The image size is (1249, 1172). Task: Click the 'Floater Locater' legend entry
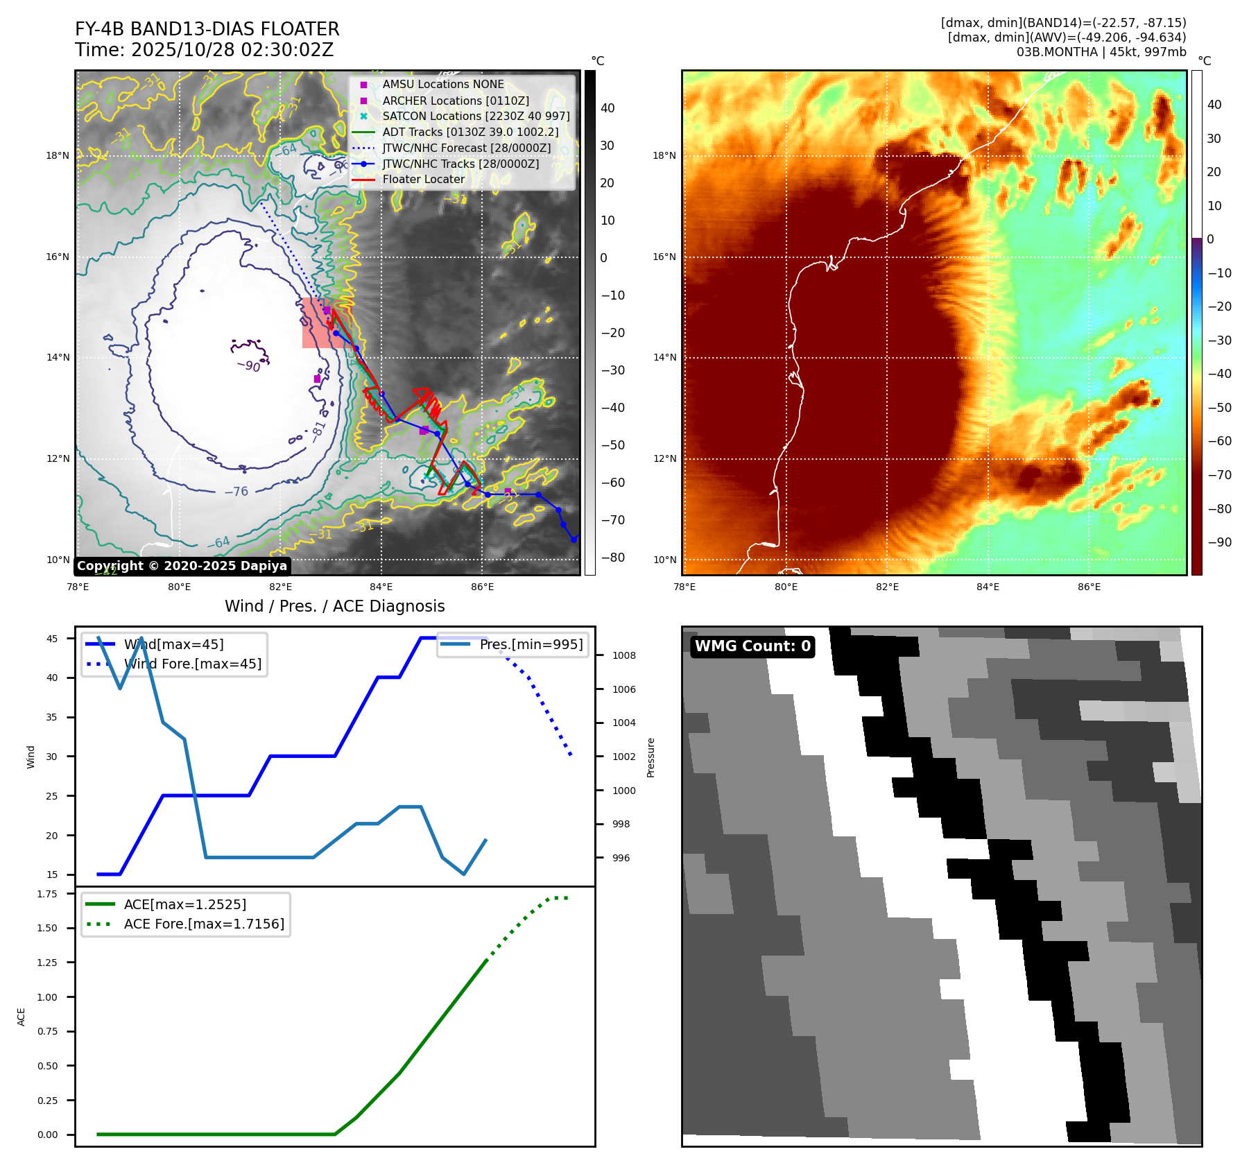coord(423,180)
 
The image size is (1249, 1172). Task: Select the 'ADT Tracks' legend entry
coord(470,132)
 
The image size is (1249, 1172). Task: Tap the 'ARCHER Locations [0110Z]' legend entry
coord(456,101)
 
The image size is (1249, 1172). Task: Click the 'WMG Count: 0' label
coord(752,646)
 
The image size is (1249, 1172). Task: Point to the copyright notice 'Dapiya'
coord(182,566)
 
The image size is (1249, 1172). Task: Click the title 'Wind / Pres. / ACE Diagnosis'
coord(334,606)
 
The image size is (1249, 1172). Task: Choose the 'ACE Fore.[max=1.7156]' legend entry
coord(204,924)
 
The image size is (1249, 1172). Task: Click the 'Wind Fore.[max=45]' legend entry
coord(193,664)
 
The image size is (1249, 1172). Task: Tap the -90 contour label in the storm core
coord(248,365)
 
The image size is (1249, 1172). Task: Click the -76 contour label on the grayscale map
coord(236,492)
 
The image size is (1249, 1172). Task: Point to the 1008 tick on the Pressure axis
coord(623,655)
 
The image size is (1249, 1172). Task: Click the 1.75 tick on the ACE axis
coord(48,894)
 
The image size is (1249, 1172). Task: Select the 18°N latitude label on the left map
coord(58,155)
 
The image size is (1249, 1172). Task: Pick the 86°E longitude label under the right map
coord(1089,587)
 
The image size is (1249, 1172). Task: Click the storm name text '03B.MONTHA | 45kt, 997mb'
coord(1101,52)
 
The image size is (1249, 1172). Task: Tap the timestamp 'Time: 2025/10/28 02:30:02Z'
coord(205,50)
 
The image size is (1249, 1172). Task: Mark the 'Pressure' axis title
coord(651,757)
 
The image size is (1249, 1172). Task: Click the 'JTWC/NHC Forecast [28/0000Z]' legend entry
coord(466,148)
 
